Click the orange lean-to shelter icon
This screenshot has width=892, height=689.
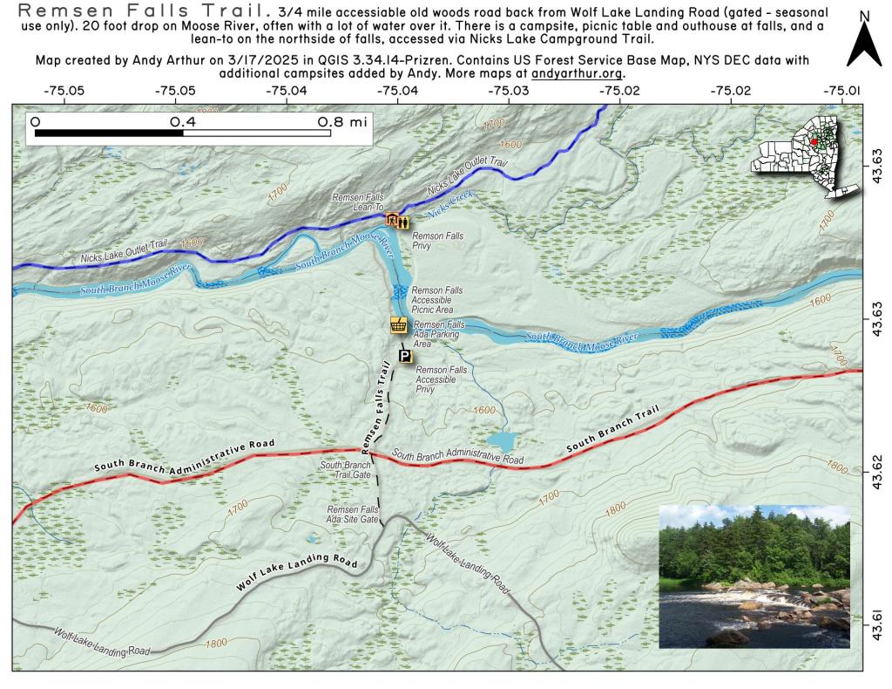click(x=392, y=220)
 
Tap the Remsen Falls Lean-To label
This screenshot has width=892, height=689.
click(x=357, y=202)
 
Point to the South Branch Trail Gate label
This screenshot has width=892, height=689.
click(x=346, y=469)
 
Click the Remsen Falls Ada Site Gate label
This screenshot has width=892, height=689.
click(x=353, y=514)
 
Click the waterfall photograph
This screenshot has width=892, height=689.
click(x=753, y=576)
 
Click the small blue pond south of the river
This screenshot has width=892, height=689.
click(x=500, y=440)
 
